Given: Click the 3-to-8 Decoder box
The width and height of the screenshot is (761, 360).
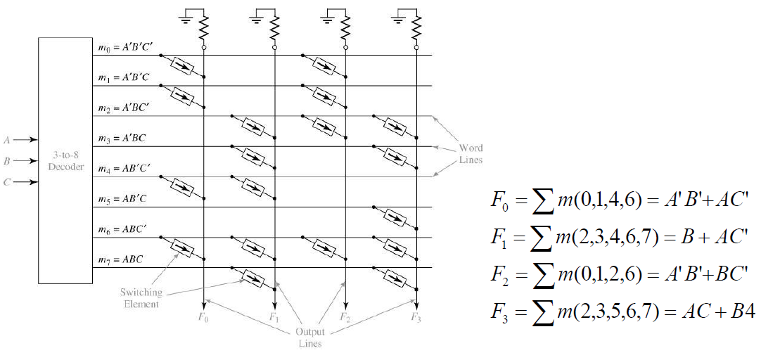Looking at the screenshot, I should pyautogui.click(x=65, y=160).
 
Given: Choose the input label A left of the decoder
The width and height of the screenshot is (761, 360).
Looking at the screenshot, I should pyautogui.click(x=6, y=141).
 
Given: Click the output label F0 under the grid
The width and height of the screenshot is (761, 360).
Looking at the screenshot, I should pyautogui.click(x=204, y=318).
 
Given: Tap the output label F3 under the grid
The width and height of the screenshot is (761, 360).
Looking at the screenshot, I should pyautogui.click(x=417, y=318).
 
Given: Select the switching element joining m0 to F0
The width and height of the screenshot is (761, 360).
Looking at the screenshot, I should pyautogui.click(x=181, y=67).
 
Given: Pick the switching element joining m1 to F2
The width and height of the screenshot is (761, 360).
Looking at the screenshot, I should pyautogui.click(x=324, y=96).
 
